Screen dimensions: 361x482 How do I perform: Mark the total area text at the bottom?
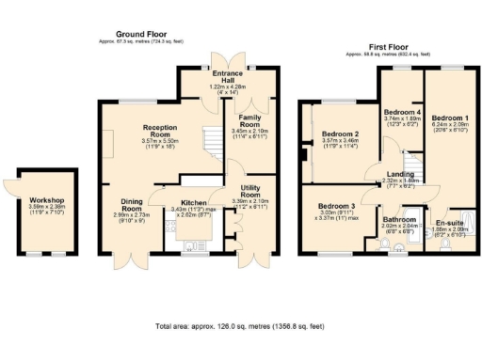(239, 327)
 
